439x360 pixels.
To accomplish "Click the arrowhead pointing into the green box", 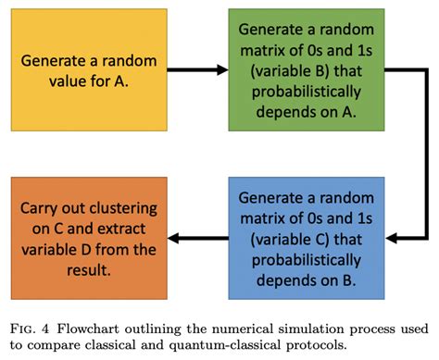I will click(222, 68).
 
